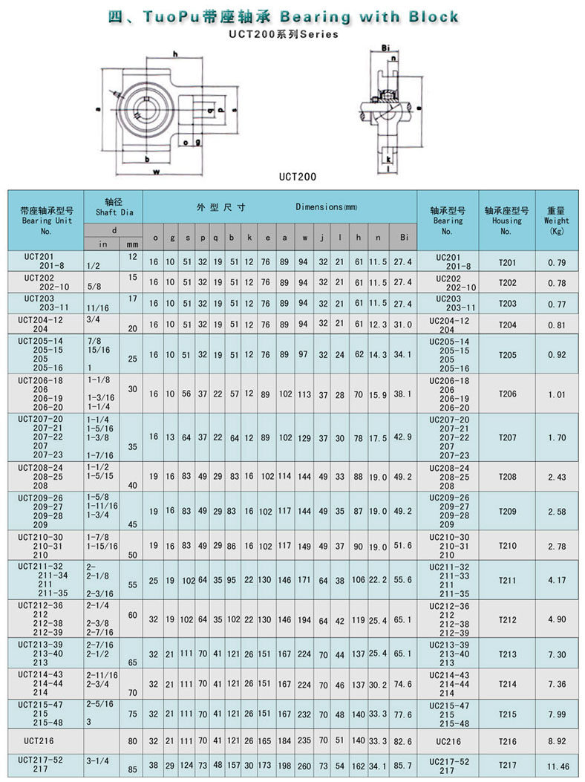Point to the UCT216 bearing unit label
(36, 740)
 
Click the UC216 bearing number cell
(449, 740)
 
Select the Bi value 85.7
(402, 765)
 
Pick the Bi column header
(403, 238)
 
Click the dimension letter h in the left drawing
(175, 53)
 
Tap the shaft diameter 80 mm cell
(132, 740)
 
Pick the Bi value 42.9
(402, 436)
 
